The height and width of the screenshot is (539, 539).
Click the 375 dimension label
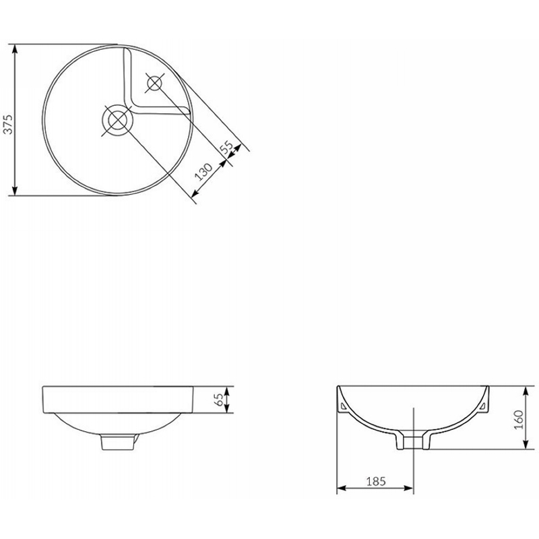(8, 124)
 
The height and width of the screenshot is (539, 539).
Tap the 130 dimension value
(204, 172)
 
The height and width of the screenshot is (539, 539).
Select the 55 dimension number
(226, 148)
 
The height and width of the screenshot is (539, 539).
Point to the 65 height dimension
(219, 400)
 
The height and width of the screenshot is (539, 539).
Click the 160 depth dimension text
(518, 419)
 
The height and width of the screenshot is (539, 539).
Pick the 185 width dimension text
(376, 481)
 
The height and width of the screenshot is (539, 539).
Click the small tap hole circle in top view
(154, 83)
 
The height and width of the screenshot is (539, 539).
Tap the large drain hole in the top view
(117, 120)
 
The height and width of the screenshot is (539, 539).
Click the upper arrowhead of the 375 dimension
(14, 49)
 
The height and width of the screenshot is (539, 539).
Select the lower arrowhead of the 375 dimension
(14, 191)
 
